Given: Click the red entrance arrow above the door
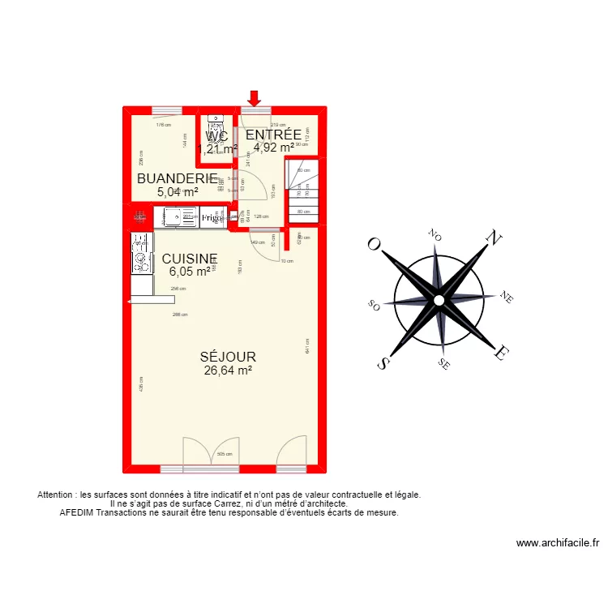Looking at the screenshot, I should (x=255, y=98).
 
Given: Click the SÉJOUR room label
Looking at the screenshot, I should (x=229, y=357).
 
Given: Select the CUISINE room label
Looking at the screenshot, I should (x=190, y=259).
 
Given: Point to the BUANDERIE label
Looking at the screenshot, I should (x=177, y=179).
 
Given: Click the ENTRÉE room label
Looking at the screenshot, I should (x=273, y=135).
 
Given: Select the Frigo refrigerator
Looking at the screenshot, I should (x=212, y=217).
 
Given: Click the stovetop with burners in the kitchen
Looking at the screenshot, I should (x=141, y=252).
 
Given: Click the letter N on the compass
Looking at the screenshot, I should (x=491, y=237).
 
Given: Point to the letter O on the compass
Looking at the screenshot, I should (x=375, y=244).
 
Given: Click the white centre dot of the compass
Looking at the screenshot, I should (x=439, y=300).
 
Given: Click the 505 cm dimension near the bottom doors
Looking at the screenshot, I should (x=225, y=455).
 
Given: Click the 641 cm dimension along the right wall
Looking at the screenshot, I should (x=307, y=346).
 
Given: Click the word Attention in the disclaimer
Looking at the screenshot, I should (x=55, y=495).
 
